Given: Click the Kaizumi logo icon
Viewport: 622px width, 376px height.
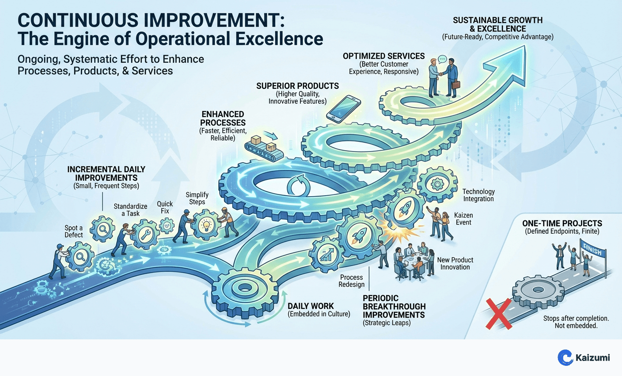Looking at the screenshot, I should point(565,357).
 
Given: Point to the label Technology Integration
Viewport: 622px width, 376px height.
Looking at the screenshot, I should point(478,195).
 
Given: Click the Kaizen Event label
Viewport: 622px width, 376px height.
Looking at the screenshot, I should point(463,219).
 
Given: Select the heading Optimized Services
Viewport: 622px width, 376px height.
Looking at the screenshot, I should point(383,56).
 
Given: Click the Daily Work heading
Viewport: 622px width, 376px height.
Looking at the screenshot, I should point(311,306).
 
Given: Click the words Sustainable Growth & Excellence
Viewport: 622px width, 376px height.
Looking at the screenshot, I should point(497,24).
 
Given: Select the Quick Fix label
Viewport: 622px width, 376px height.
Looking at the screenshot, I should point(165,207).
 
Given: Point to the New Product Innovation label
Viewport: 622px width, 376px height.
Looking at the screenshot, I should point(455,263).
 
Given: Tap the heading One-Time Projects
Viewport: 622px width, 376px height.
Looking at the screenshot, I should point(562,224).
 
